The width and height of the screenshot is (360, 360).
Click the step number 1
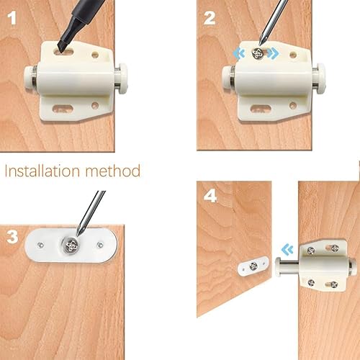pos(12,18)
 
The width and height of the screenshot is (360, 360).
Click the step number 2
pos(210,18)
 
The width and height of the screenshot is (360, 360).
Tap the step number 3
pos(12,237)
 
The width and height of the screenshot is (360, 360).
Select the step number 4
pos(210,196)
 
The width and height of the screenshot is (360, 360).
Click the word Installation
pos(42,171)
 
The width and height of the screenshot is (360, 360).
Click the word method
pos(113,171)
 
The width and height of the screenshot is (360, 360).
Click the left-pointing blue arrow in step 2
pos(239,53)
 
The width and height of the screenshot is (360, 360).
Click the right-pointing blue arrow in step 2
pos(273,53)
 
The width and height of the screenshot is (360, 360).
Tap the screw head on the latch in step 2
pos(257,53)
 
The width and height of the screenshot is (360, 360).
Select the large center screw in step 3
pos(71,245)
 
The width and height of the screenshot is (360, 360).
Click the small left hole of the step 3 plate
pos(40,245)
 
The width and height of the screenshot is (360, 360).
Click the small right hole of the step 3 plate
pos(100,245)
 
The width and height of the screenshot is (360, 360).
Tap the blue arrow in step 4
pos(287,250)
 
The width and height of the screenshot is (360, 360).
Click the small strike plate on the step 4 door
pos(253,266)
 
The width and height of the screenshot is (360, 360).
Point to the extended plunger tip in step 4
pos(279,266)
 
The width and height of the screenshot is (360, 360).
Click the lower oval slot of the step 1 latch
pos(63,109)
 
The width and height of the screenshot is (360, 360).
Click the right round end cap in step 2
pos(320,78)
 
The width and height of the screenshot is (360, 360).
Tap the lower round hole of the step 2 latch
pos(293,105)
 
